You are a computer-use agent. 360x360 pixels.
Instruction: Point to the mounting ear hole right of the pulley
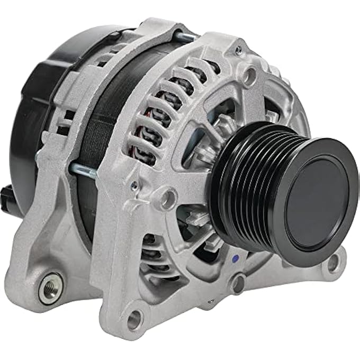pyautogui.click(x=333, y=261)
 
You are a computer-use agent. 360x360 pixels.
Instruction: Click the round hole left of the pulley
pyautogui.click(x=168, y=199)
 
